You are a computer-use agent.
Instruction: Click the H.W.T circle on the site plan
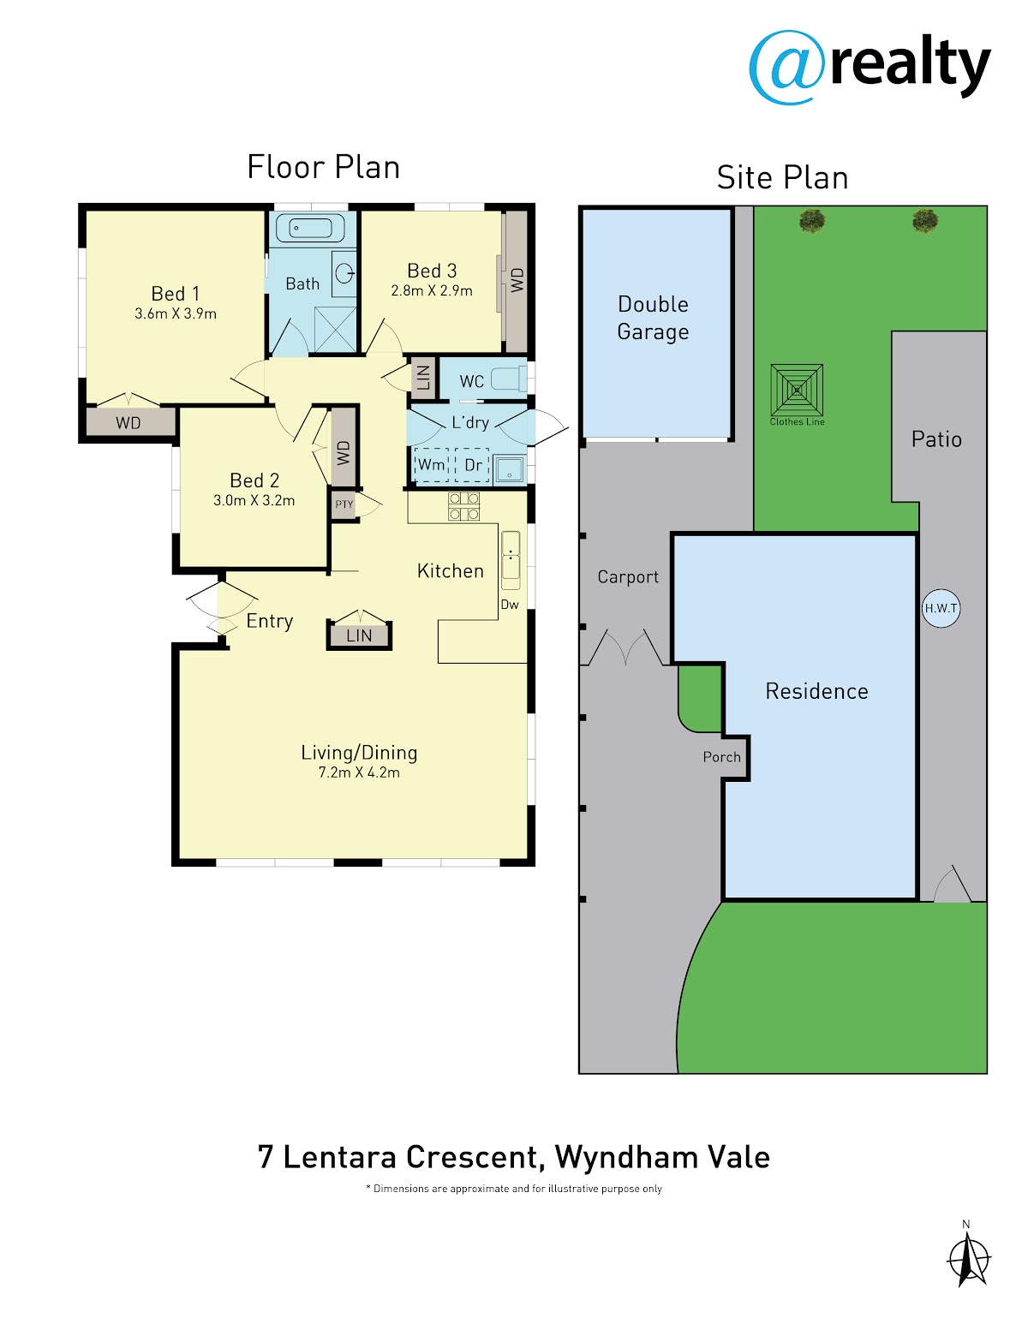click(x=941, y=608)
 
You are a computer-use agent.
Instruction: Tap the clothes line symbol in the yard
click(x=797, y=390)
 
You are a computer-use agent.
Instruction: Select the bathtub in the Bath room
click(x=312, y=229)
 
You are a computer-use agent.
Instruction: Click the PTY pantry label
click(x=344, y=504)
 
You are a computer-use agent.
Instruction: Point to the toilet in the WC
click(x=509, y=379)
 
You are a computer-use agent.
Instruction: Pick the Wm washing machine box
click(x=432, y=465)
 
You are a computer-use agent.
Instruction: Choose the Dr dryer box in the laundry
click(x=472, y=465)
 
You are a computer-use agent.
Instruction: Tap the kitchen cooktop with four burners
click(x=463, y=507)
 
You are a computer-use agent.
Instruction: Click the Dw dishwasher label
click(x=510, y=605)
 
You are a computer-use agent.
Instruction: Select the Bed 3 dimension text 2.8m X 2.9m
click(x=432, y=290)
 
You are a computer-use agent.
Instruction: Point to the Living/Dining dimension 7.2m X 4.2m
click(x=359, y=772)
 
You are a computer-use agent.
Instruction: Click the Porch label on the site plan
click(x=721, y=757)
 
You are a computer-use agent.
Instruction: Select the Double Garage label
click(x=654, y=318)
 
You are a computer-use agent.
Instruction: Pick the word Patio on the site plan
click(x=936, y=439)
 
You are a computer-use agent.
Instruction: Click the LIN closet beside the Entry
click(x=359, y=635)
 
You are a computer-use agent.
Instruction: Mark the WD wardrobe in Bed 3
click(x=517, y=282)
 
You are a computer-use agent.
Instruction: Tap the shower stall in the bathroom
click(x=335, y=329)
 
